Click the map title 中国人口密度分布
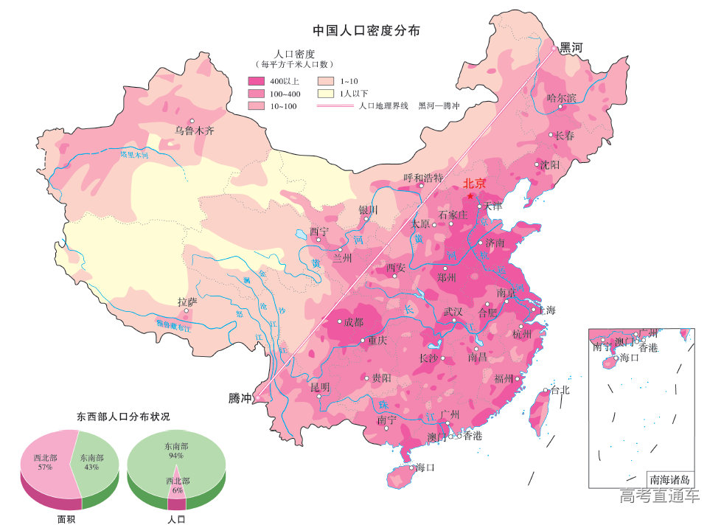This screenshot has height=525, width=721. [366, 30]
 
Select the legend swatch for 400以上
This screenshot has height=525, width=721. [256, 80]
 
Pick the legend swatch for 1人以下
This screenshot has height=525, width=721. [326, 94]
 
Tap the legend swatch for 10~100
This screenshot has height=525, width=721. [256, 107]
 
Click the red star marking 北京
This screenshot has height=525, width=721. [470, 195]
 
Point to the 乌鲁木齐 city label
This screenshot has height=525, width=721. [194, 131]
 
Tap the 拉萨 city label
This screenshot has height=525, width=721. [187, 302]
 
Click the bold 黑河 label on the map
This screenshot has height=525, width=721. [571, 48]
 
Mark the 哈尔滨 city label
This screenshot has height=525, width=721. [560, 97]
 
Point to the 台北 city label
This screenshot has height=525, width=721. [560, 390]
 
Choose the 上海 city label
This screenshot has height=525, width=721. [546, 310]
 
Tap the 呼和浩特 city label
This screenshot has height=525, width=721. [423, 178]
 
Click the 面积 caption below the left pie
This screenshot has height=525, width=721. [67, 519]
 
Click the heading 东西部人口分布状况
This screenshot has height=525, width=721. [123, 417]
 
